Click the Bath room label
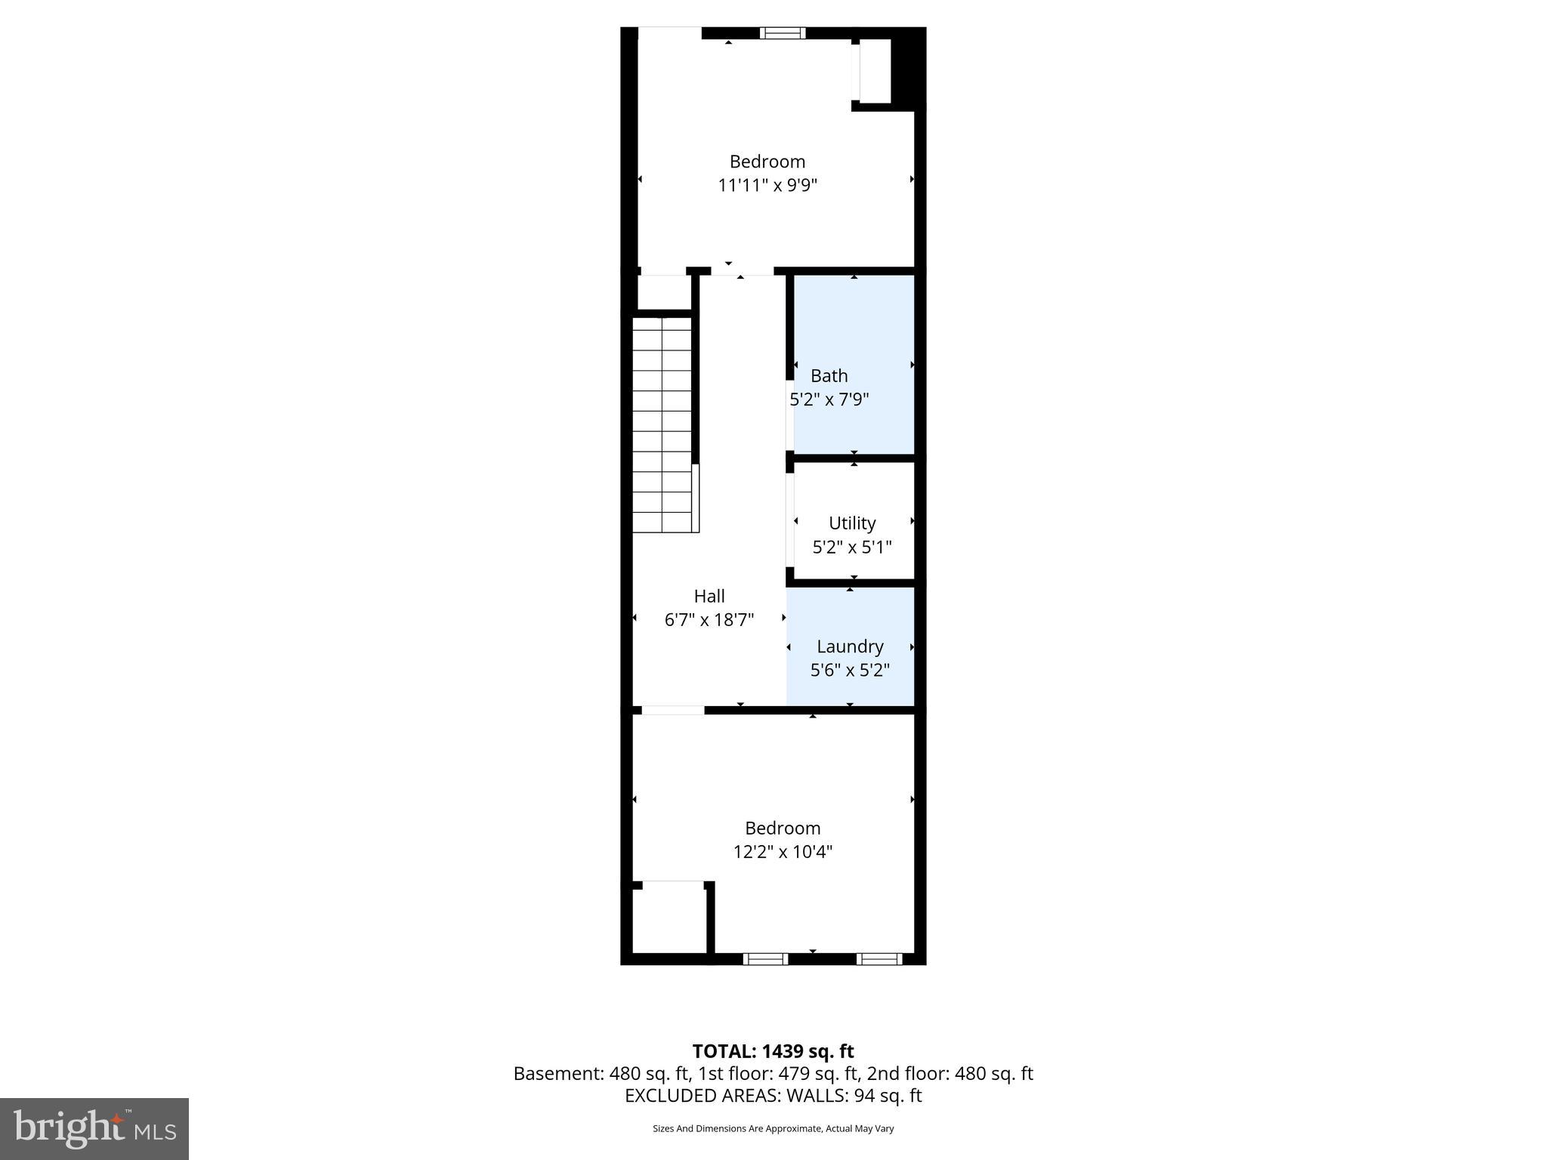tap(829, 375)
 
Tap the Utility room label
tap(852, 523)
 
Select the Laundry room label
tap(850, 646)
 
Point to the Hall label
tap(709, 596)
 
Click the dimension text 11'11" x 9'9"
tap(767, 185)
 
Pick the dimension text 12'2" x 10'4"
tap(783, 852)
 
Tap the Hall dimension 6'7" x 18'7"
tap(709, 620)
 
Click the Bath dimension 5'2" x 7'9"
tap(829, 400)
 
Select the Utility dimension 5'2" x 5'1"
tap(852, 547)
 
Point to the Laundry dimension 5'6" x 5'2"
tap(850, 670)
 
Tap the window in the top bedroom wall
tap(783, 33)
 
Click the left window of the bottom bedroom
tap(765, 959)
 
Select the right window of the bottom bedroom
tap(879, 959)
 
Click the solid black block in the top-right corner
tap(908, 68)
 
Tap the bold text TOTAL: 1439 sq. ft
tap(773, 1051)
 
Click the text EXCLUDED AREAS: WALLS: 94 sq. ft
tap(773, 1096)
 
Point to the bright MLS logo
tap(94, 1129)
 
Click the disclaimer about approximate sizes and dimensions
tap(773, 1128)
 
